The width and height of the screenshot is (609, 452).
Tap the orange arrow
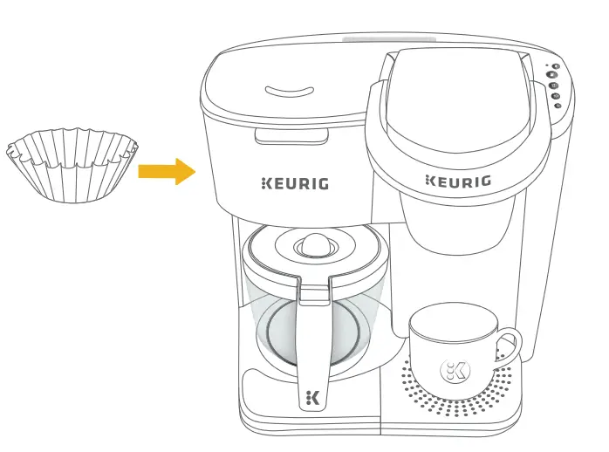166,171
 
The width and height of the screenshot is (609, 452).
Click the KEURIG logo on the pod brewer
457,181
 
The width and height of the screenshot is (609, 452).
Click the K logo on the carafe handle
313,398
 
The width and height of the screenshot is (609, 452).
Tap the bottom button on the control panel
558,106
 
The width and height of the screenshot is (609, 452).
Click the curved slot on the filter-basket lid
289,91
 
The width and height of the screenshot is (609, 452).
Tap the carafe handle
312,332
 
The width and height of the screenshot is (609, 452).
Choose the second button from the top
554,76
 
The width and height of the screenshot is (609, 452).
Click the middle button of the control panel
555,86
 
